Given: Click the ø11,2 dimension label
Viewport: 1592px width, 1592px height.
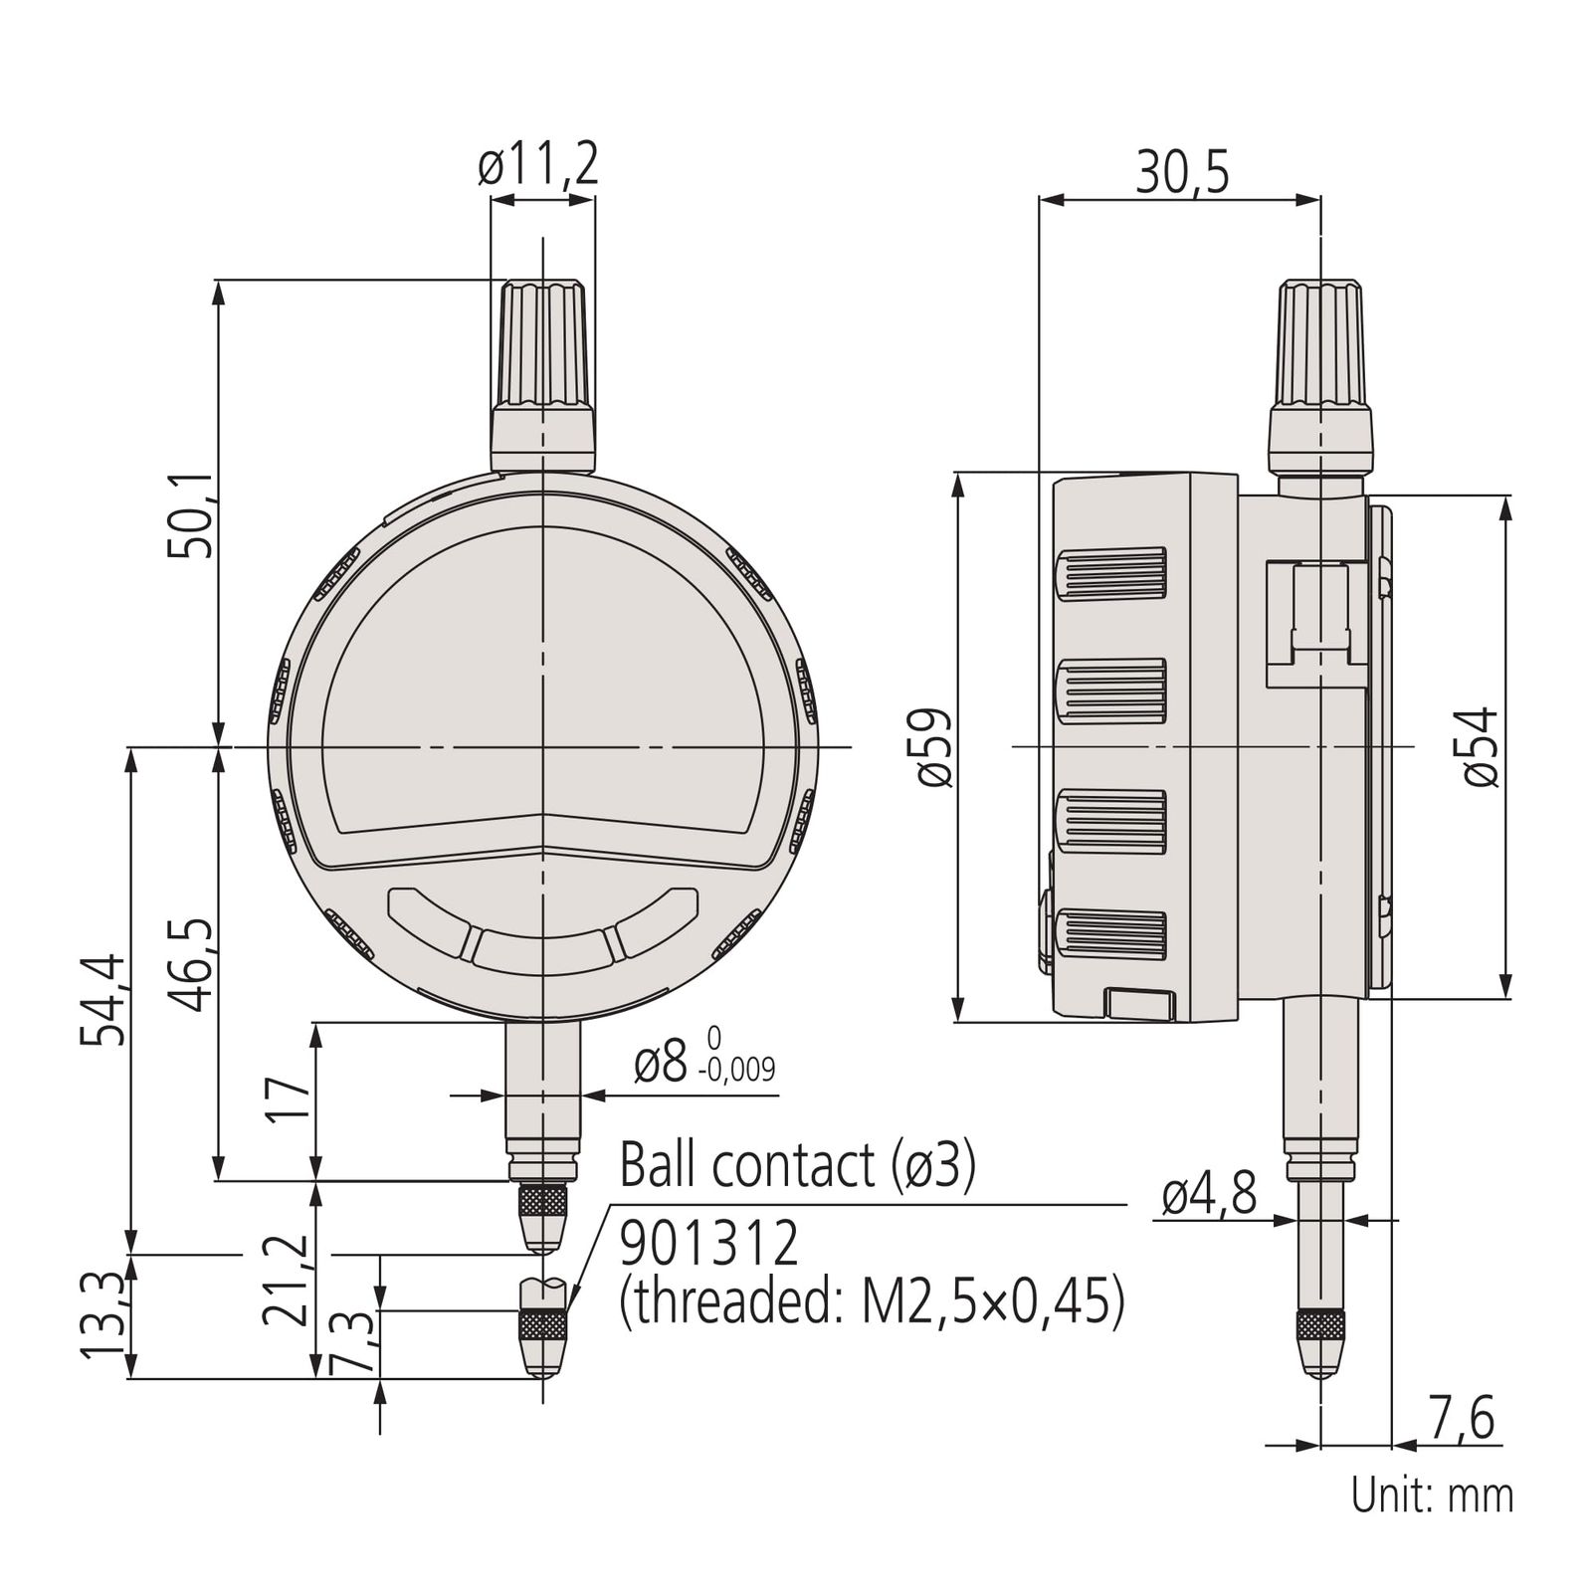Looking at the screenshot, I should [538, 165].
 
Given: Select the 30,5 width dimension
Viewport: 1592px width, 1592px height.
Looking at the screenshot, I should [1182, 173].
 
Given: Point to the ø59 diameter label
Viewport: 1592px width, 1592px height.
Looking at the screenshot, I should [934, 747].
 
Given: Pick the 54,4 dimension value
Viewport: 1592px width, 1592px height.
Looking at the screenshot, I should [103, 999].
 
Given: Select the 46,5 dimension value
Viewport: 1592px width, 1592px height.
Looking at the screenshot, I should [190, 963].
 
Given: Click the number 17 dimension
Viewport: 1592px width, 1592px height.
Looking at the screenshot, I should [289, 1098].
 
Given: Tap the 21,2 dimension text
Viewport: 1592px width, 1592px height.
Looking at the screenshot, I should [285, 1281].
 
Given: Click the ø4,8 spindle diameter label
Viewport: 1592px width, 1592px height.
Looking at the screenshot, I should [1209, 1194].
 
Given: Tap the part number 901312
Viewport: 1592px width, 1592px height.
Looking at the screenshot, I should [708, 1244].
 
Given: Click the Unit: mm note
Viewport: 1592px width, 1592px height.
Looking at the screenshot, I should [1432, 1495].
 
